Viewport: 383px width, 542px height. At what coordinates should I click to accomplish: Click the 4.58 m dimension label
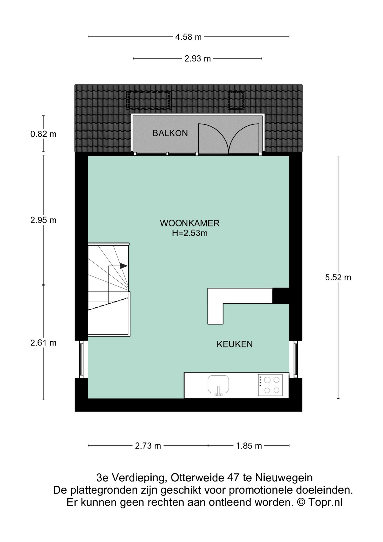188,37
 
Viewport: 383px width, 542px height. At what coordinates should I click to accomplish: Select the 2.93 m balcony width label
197,59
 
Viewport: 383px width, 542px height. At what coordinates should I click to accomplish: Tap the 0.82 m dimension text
43,134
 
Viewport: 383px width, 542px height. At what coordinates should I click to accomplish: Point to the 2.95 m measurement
43,220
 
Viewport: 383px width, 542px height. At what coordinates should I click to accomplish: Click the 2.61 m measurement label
43,343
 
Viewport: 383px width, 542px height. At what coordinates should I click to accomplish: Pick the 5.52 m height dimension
338,277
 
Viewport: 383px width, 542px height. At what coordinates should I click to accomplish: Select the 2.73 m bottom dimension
148,446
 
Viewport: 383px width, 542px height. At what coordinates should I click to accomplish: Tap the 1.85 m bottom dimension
249,446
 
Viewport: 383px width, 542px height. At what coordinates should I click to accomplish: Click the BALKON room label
170,133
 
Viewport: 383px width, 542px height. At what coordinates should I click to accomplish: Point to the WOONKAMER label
190,223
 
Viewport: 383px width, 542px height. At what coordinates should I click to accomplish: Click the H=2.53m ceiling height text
190,233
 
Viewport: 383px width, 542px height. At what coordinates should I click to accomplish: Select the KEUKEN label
235,344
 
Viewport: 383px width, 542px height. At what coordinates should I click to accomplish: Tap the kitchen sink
218,385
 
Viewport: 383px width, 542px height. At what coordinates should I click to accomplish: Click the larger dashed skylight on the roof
149,100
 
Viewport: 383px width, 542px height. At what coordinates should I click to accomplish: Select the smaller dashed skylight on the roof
236,100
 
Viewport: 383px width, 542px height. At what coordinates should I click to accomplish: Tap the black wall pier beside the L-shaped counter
281,296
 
